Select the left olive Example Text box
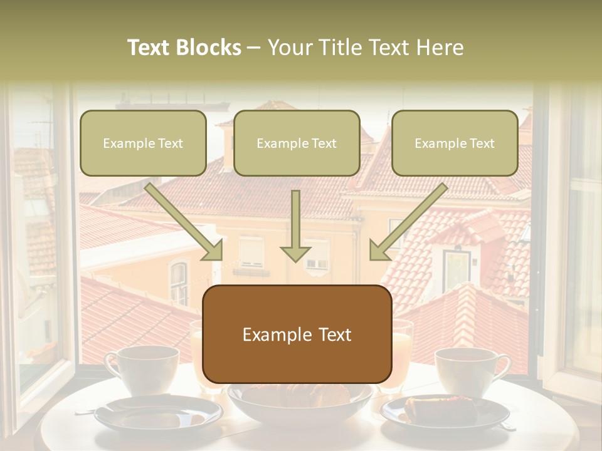[143, 143]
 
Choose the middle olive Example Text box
[297, 143]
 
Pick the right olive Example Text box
[455, 143]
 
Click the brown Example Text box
[297, 334]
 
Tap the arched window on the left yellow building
[179, 282]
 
